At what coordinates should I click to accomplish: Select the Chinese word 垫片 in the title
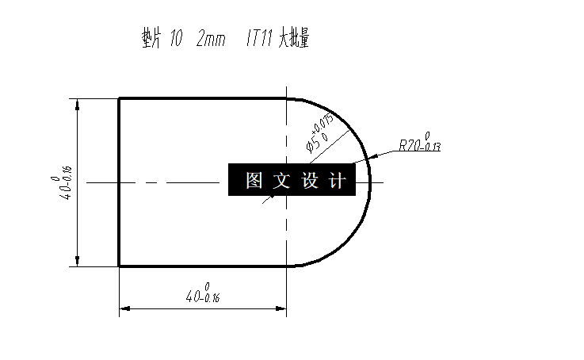pos(145,38)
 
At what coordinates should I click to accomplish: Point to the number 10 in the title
pos(177,38)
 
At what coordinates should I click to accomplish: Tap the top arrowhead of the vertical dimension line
pos(78,104)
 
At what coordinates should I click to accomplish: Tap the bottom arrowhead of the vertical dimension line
pos(78,261)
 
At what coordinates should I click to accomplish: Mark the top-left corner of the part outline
pos(119,98)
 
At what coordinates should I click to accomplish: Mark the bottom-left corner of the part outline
pos(119,266)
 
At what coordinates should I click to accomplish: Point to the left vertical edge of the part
pos(119,182)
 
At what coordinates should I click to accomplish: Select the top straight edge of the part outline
pos(202,98)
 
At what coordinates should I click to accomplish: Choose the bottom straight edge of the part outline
pos(202,266)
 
